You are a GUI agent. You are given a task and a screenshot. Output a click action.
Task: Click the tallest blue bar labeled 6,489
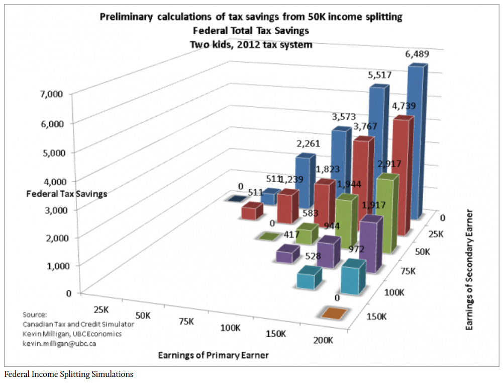tap(417, 141)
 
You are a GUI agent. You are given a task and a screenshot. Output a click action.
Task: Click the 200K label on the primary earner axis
tap(321, 341)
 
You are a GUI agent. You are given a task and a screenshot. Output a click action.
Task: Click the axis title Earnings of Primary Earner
tap(213, 355)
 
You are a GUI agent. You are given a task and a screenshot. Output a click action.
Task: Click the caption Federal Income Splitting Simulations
tap(69, 374)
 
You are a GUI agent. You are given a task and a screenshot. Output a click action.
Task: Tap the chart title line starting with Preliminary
tap(251, 17)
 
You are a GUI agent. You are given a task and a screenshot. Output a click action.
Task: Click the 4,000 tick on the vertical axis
tap(49, 181)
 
